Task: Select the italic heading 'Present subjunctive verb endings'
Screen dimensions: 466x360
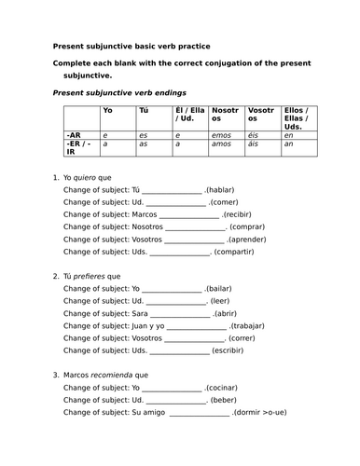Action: (108, 92)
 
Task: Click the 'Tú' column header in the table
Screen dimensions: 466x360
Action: (143, 111)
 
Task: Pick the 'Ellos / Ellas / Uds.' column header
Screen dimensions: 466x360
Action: (298, 118)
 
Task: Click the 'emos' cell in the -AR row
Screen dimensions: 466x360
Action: (222, 135)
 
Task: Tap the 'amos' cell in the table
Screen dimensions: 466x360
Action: (222, 144)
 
